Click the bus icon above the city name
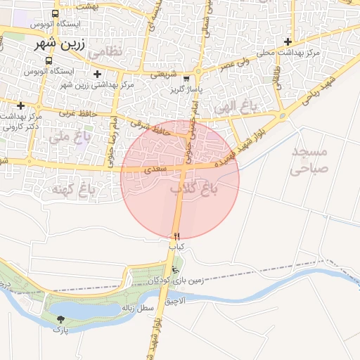coord(56,14)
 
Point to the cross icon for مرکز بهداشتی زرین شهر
coord(97,74)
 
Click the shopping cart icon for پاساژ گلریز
coord(186,79)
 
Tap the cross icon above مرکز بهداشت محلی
coord(288,41)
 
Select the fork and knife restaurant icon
coord(176,236)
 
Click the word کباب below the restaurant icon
coord(176,247)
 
